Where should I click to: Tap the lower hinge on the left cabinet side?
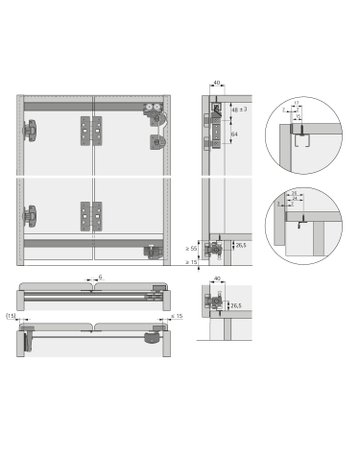[x=33, y=215]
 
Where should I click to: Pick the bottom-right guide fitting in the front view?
[x=153, y=251]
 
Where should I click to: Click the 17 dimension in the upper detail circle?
[x=296, y=109]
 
